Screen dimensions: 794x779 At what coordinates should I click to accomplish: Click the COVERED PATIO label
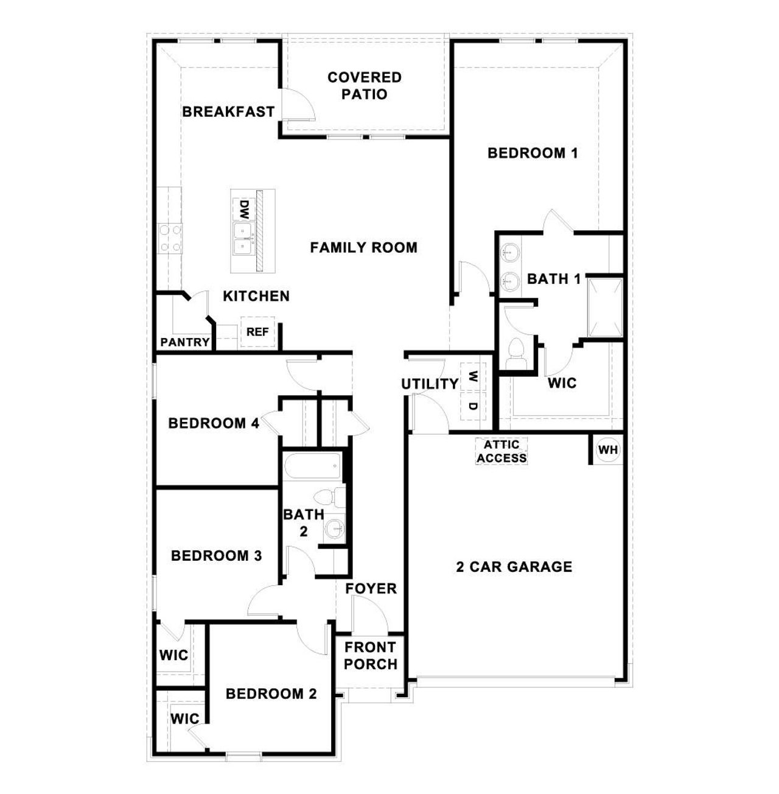coord(365,86)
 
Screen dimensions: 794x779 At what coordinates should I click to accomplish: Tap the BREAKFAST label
coord(228,112)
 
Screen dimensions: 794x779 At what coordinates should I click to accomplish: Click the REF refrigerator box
coord(257,332)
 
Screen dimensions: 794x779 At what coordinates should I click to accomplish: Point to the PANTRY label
coord(185,343)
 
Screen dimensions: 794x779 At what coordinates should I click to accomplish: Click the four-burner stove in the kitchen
coord(170,238)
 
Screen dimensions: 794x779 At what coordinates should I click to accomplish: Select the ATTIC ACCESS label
coord(501,452)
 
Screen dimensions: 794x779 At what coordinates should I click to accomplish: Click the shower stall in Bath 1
coord(605,307)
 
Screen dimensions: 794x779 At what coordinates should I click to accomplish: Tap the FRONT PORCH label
coord(370,656)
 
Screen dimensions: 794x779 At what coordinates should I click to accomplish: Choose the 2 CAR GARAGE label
coord(514,567)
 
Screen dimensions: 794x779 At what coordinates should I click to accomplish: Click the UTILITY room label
coord(430,384)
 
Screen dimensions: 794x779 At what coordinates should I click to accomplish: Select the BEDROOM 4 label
coord(214,423)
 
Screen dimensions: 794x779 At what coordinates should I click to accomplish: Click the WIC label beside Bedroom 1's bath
coord(562,384)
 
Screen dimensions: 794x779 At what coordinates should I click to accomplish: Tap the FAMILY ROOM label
coord(363,248)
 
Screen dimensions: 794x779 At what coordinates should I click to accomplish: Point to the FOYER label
coord(371,589)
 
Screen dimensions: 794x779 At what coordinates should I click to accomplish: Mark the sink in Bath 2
coord(334,527)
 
